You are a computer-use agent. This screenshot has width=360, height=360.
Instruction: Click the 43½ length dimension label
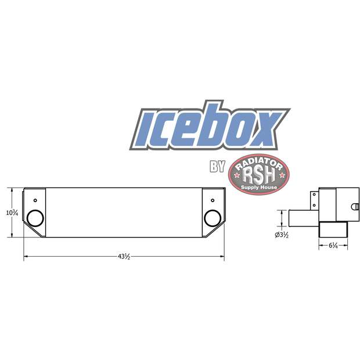tap(124, 257)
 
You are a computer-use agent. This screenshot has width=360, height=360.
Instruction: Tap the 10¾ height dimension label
tap(12, 213)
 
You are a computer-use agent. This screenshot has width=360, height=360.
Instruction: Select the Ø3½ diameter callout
tap(282, 235)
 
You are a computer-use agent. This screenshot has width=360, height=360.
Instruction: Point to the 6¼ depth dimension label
tap(333, 246)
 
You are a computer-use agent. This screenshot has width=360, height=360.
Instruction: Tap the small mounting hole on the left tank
tap(35, 200)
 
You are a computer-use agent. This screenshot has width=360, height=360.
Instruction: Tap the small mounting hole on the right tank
tap(213, 200)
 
